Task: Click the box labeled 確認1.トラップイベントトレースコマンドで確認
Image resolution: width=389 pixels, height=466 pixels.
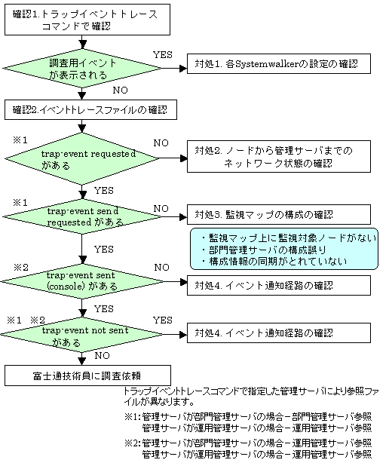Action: (87, 20)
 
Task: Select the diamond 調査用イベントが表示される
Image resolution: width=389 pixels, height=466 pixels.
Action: (82, 69)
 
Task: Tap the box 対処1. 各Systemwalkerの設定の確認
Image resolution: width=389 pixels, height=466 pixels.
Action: (279, 63)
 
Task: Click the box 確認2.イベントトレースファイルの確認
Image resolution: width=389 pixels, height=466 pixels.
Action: (90, 110)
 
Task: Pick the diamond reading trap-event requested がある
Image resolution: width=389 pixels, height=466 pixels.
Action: (82, 158)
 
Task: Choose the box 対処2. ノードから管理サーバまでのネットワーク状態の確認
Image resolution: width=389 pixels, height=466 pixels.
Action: (279, 157)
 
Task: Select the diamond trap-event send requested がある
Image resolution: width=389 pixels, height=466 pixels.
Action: (82, 216)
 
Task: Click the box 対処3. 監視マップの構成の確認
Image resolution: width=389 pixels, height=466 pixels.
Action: (279, 215)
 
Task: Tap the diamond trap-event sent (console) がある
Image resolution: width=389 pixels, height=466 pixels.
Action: (82, 281)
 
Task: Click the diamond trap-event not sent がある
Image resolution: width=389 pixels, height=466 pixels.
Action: (81, 335)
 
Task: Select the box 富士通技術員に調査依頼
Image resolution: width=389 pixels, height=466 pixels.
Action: (87, 376)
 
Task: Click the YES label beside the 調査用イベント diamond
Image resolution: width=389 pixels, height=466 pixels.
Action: (163, 55)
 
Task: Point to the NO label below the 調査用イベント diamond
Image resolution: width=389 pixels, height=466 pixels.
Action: (120, 90)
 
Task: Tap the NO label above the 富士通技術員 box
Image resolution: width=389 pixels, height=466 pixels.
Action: (102, 356)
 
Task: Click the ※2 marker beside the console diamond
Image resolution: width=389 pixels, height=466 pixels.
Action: (21, 268)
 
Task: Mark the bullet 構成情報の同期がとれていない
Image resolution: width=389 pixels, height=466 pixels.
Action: (274, 262)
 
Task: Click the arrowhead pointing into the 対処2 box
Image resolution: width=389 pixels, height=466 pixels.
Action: (184, 158)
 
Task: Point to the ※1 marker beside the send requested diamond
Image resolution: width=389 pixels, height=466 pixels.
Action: (20, 203)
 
